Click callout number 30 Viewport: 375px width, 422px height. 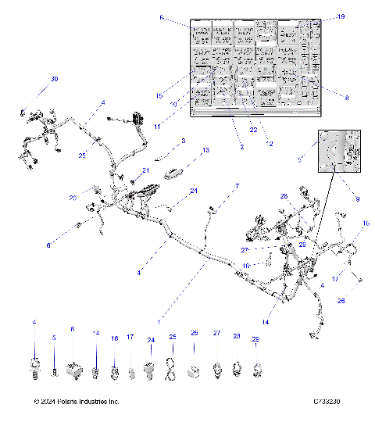54,80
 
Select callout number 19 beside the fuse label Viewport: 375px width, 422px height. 339,16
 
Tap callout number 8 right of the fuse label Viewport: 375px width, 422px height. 347,95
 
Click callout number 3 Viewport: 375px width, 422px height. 183,141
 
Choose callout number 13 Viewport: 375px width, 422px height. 206,150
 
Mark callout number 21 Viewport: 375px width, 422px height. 145,170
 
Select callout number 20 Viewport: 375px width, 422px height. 94,198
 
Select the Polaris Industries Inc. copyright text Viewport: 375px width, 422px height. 77,402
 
